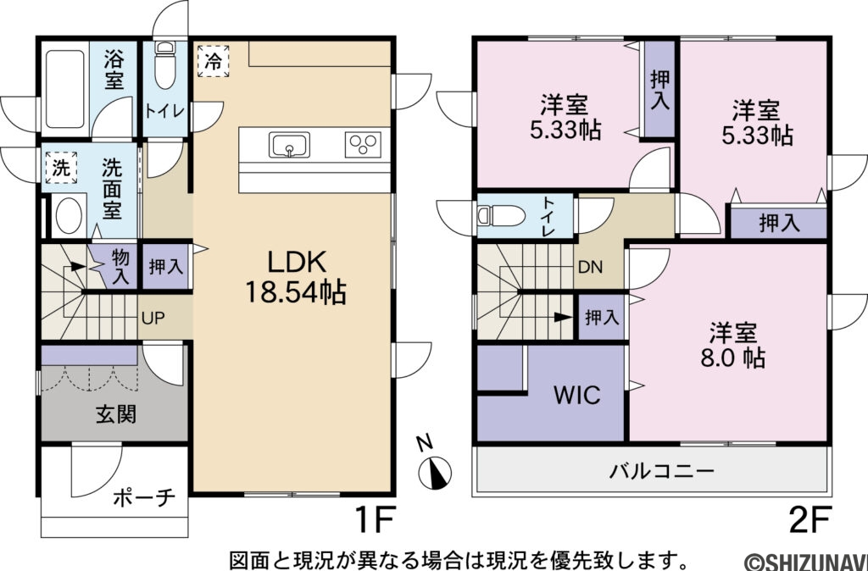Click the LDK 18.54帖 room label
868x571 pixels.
point(294,277)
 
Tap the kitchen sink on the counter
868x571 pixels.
point(289,145)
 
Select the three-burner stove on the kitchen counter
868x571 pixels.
point(364,145)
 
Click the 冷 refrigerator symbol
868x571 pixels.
point(214,61)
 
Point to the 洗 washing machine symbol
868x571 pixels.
point(59,167)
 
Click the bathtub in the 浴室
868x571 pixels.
point(64,88)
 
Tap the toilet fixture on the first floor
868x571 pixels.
point(165,65)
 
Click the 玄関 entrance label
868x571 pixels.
point(115,414)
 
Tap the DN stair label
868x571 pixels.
point(591,266)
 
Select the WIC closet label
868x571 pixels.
point(577,395)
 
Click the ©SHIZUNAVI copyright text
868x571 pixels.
point(805,561)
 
